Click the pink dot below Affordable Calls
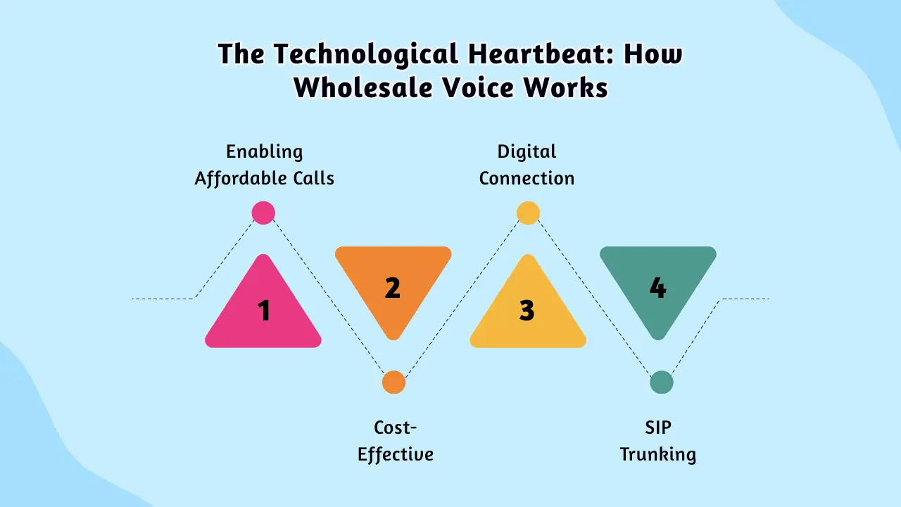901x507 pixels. [263, 213]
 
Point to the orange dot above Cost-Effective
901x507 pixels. [393, 382]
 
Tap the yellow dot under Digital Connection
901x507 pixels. [528, 213]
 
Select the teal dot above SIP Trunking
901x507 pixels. [662, 382]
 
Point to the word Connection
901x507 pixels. [527, 178]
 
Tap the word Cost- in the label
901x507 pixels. [395, 427]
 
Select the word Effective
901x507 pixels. [396, 454]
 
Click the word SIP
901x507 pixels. [658, 427]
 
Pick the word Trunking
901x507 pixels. [657, 455]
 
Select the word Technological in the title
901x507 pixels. [366, 54]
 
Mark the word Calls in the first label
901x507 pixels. [313, 178]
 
